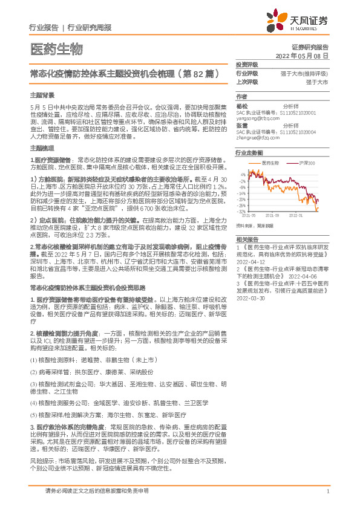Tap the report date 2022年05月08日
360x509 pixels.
pyautogui.click(x=306, y=55)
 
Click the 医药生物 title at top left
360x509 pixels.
pyautogui.click(x=56, y=48)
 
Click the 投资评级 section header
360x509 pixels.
pyautogui.click(x=246, y=64)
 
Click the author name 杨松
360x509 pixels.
pyautogui.click(x=243, y=106)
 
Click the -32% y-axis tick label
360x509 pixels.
pyautogui.click(x=241, y=212)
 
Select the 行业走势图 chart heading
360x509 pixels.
pyautogui.click(x=249, y=154)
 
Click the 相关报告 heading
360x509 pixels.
pyautogui.click(x=246, y=240)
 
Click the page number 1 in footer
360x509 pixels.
pyautogui.click(x=327, y=491)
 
